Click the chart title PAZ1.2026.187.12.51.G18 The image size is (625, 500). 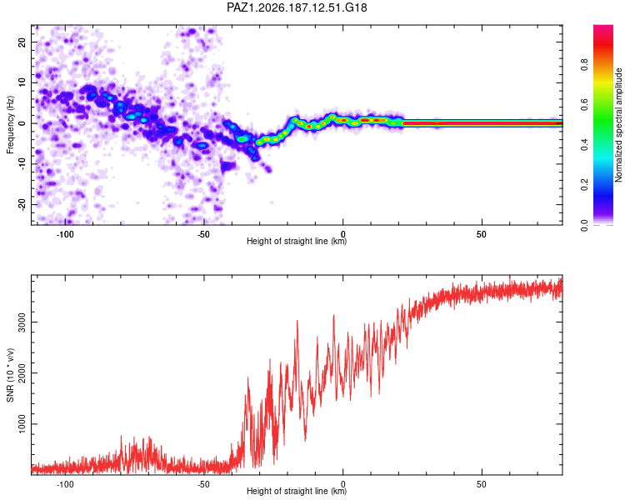[297, 7]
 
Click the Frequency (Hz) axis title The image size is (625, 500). [10, 125]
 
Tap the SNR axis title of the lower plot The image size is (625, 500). [10, 375]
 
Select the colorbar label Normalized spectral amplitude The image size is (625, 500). [618, 125]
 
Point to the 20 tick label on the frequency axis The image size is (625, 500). [22, 42]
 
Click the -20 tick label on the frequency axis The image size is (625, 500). [22, 205]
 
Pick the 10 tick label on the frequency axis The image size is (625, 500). [22, 82]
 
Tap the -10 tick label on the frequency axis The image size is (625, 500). [22, 164]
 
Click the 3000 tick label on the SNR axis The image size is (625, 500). [22, 322]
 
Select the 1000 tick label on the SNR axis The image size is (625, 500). [22, 424]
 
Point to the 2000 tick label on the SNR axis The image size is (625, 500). [22, 372]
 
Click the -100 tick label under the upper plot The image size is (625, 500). [65, 234]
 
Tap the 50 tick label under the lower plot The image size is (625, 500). [482, 484]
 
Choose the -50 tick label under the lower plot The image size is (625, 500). [203, 484]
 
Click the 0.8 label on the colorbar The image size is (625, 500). [584, 65]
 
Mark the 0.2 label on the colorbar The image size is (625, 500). [584, 184]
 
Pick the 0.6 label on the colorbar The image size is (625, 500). [584, 104]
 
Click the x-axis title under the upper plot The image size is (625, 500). [297, 241]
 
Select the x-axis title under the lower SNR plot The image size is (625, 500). [297, 491]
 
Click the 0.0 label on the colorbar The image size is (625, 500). [584, 225]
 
